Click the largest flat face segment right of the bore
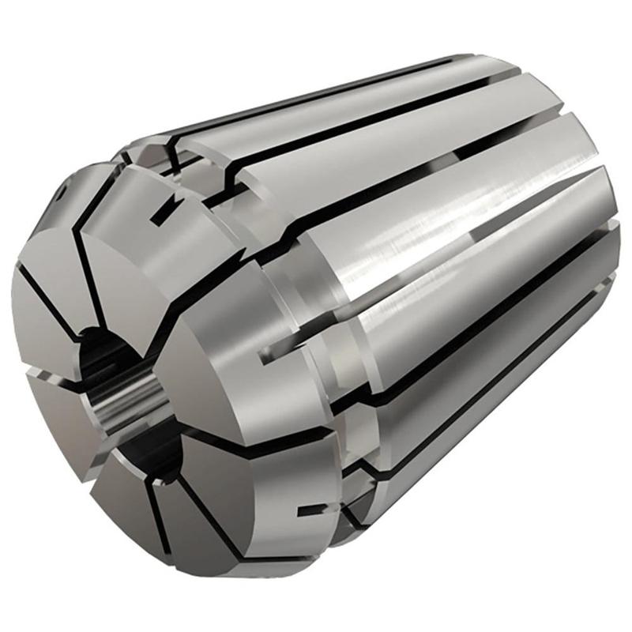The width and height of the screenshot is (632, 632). tap(225, 371)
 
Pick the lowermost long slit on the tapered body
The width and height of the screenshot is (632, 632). tap(474, 395)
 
